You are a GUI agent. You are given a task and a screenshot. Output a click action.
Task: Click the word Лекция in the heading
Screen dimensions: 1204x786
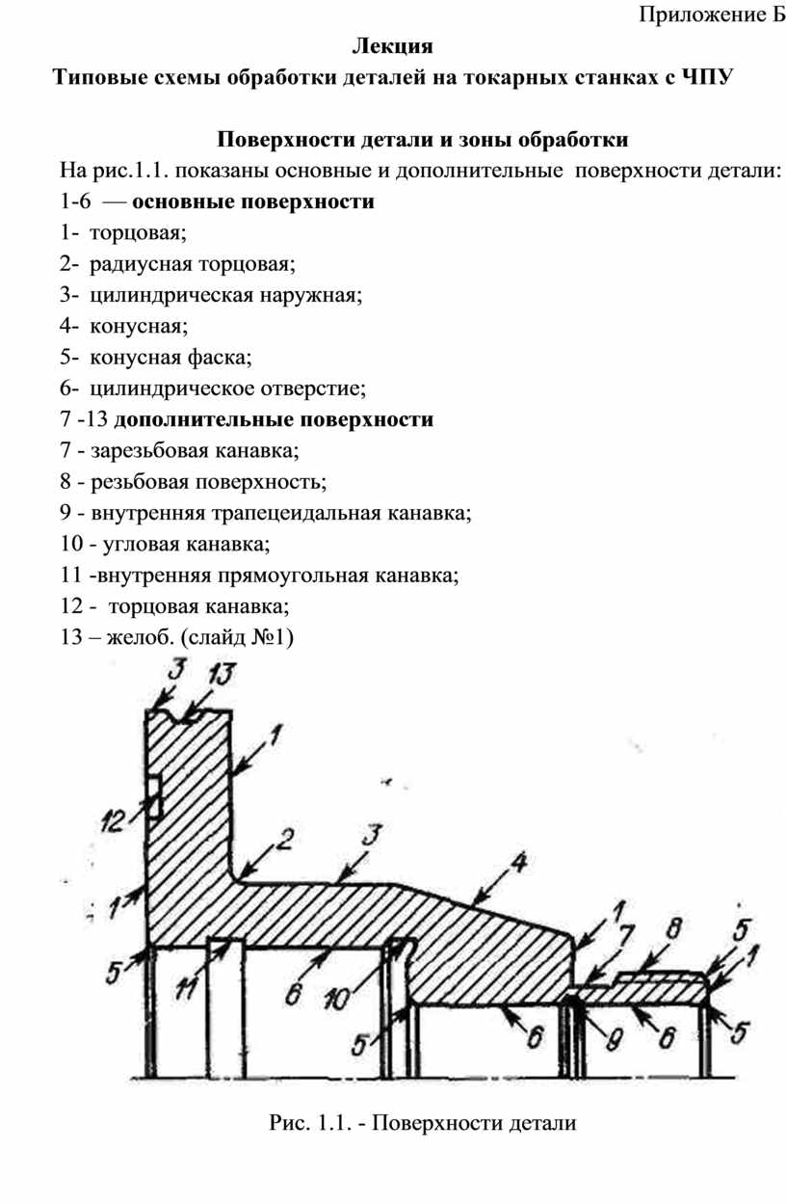(392, 44)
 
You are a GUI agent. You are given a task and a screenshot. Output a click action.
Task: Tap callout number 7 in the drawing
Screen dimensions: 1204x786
(625, 933)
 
